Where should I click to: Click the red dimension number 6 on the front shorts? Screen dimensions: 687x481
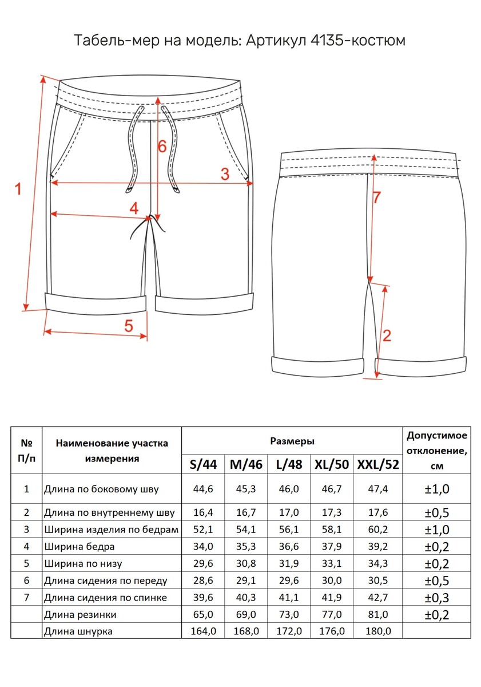[x=162, y=147]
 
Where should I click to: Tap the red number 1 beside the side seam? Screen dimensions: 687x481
[x=18, y=188]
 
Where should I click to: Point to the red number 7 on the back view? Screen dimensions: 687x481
[x=376, y=198]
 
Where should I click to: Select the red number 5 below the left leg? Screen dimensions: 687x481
[x=129, y=326]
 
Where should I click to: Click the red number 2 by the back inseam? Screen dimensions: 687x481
[x=387, y=335]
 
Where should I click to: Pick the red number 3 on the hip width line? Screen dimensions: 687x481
[x=225, y=174]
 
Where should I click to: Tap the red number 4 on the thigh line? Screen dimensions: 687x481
[x=134, y=208]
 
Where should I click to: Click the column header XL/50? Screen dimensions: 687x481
[x=332, y=464]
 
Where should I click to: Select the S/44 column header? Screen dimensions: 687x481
[x=203, y=464]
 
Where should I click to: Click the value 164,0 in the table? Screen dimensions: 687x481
[x=203, y=631]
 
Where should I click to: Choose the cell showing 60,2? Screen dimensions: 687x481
[x=377, y=530]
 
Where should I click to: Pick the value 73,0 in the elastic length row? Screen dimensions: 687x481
[x=289, y=615]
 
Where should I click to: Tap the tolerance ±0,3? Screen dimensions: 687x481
[x=437, y=598]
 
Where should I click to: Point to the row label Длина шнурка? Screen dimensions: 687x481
[x=78, y=631]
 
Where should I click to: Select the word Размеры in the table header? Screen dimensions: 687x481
[x=292, y=441]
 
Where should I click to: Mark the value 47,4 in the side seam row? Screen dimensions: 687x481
[x=377, y=489]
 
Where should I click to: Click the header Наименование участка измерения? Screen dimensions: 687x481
[x=112, y=451]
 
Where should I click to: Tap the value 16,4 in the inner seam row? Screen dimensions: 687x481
[x=203, y=513]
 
